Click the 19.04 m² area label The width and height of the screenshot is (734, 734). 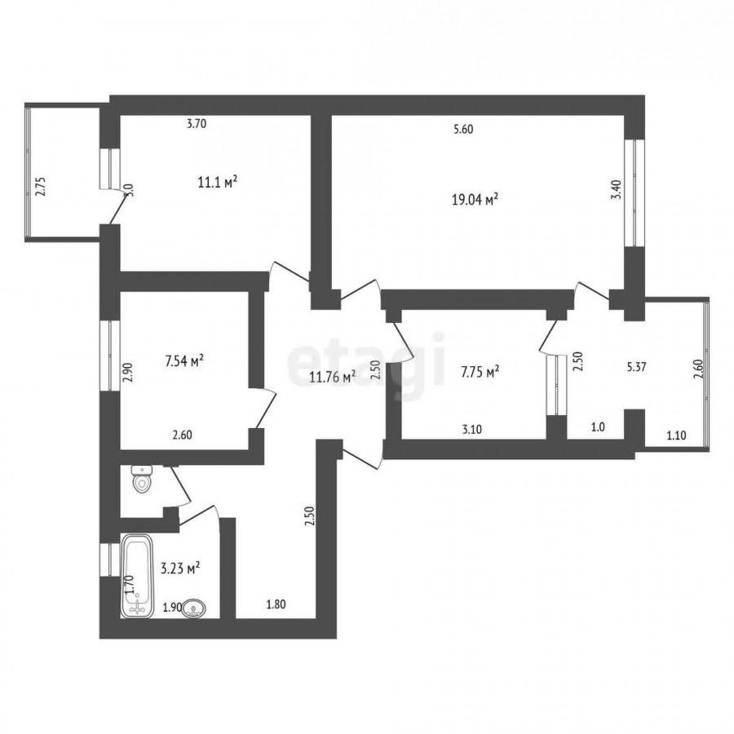(475, 200)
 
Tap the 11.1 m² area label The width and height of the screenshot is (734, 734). (217, 182)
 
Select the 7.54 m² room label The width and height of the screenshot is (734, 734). (184, 361)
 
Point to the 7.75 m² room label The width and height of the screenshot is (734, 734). (480, 372)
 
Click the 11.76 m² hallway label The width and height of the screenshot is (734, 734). (333, 376)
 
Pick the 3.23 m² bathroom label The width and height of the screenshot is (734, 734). (180, 568)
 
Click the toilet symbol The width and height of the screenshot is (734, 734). (141, 479)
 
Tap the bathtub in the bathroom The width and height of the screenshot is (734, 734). (137, 577)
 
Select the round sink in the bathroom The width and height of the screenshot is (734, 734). (194, 609)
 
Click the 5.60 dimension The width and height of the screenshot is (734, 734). (463, 130)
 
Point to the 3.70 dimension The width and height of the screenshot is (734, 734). (197, 124)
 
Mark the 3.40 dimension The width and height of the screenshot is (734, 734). (617, 190)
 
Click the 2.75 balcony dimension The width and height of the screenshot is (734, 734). (42, 186)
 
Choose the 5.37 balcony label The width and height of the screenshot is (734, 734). (637, 367)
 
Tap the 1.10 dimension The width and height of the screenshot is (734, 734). (676, 436)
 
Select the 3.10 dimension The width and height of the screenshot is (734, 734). (472, 429)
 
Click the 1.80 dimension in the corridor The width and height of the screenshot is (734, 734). (276, 604)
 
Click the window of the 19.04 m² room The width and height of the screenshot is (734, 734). (634, 192)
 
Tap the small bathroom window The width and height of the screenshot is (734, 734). (110, 559)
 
